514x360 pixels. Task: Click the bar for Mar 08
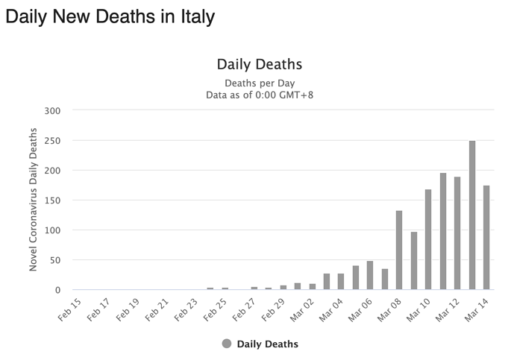coord(399,250)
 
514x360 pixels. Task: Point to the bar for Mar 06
coord(370,275)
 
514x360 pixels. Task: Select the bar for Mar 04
coord(341,281)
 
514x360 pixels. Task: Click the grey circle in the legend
coord(227,344)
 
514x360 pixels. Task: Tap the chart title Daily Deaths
coord(259,65)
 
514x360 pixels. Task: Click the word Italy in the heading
coord(189,16)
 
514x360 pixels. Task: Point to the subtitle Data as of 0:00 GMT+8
coord(259,95)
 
